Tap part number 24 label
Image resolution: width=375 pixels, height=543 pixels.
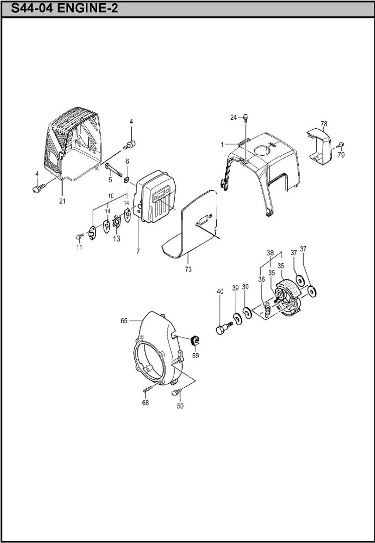(233, 117)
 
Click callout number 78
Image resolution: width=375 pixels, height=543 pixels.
(324, 124)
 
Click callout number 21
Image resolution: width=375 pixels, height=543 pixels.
(62, 201)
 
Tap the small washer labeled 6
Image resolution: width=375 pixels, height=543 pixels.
(127, 179)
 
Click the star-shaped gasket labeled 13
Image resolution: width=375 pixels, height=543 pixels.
(117, 221)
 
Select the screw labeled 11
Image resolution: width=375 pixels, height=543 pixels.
(79, 236)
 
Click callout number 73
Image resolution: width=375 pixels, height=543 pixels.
(188, 269)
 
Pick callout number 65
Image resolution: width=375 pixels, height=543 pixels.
(124, 321)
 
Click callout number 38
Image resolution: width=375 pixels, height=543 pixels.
(270, 253)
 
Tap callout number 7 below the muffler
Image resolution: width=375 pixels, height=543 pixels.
(138, 251)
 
